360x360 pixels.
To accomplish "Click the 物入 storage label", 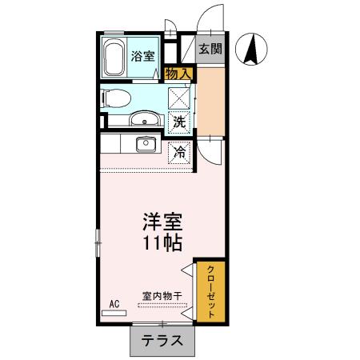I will tap(178, 74).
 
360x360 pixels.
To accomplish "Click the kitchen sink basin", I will tap(146, 145).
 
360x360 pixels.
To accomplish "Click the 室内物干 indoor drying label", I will tap(162, 296).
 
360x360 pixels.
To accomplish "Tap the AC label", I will tap(114, 304).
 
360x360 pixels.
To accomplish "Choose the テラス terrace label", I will tap(162, 340).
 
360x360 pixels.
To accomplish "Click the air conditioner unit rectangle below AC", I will tap(114, 313).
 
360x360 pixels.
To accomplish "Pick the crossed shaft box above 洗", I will tap(180, 99).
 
